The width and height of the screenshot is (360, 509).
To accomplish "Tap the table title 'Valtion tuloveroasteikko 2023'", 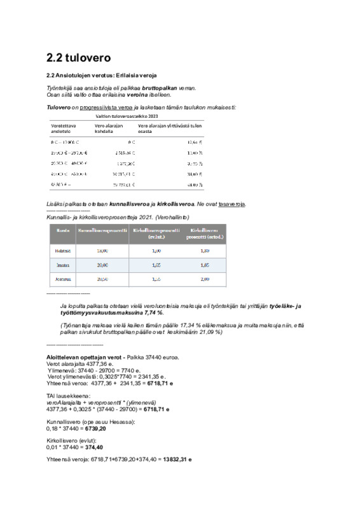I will (127, 116).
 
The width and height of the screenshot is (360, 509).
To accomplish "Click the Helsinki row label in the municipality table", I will (63, 251).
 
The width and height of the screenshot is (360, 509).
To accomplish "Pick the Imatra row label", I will (63, 265).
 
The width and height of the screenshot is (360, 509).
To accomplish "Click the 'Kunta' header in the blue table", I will (63, 231).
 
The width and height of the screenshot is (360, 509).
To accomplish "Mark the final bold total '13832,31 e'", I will (177, 459).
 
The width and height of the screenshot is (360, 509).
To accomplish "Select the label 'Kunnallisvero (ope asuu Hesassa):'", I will (91, 422).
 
